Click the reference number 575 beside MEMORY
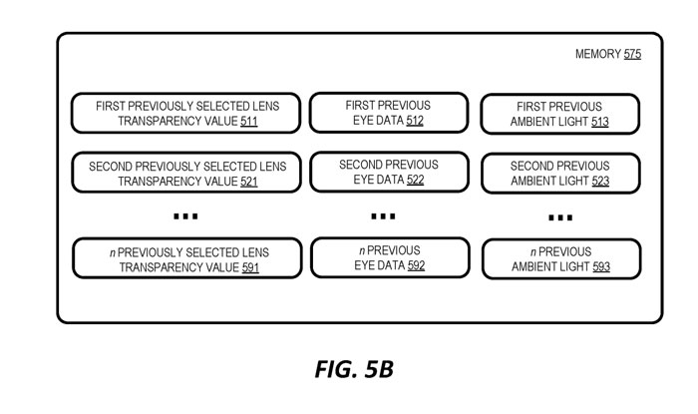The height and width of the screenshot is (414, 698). pyautogui.click(x=632, y=55)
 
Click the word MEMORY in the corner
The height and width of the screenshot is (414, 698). pyautogui.click(x=598, y=55)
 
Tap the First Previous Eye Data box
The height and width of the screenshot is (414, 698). pyautogui.click(x=387, y=113)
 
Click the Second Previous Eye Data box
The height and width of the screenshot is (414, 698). pyautogui.click(x=387, y=172)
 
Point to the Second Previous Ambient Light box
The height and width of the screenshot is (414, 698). pyautogui.click(x=560, y=174)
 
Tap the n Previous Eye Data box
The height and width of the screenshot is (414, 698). pyautogui.click(x=387, y=257)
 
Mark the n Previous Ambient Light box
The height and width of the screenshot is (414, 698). pyautogui.click(x=560, y=259)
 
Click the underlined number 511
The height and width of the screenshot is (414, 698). pyautogui.click(x=249, y=122)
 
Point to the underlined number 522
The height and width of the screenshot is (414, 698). pyautogui.click(x=413, y=181)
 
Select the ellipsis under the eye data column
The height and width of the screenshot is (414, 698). pyautogui.click(x=383, y=215)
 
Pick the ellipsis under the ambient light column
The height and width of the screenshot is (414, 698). pyautogui.click(x=560, y=217)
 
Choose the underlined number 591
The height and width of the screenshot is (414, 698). pyautogui.click(x=249, y=267)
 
